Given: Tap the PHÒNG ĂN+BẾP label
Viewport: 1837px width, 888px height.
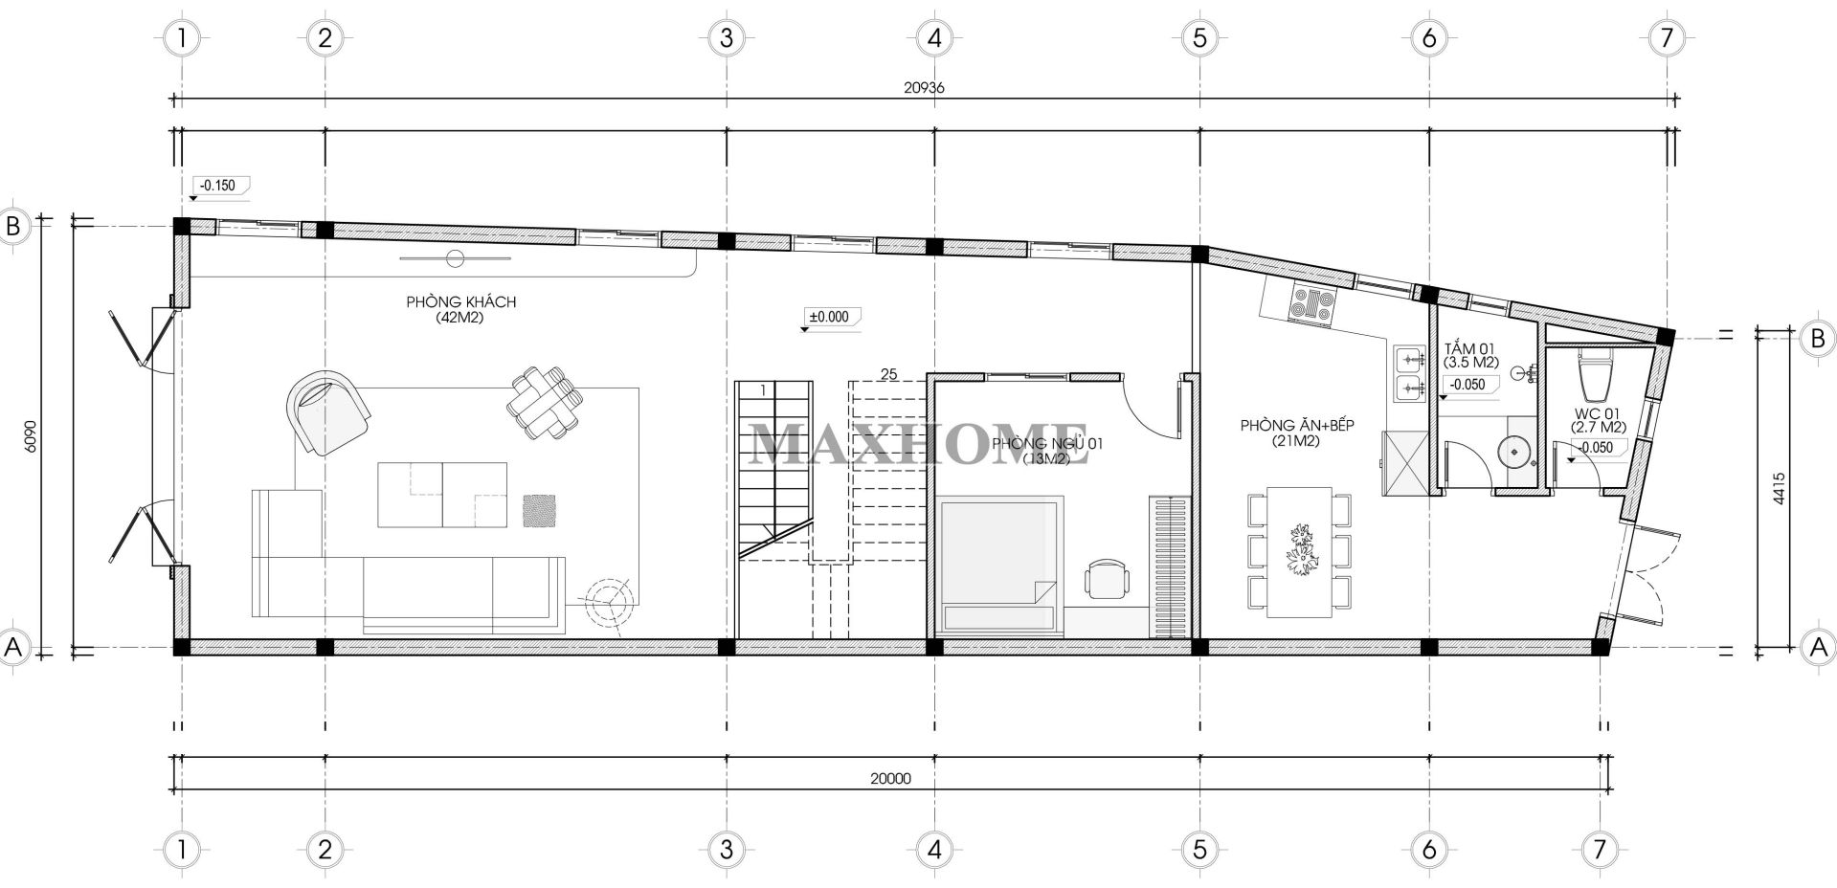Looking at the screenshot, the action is point(1297,426).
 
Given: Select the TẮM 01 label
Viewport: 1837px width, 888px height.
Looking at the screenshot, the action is point(1463,349).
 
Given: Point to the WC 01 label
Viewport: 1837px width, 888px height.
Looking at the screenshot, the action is point(1596,414).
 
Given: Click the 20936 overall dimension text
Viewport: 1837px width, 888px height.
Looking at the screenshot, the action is point(924,87).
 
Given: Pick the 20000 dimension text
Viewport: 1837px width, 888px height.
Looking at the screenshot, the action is point(890,779).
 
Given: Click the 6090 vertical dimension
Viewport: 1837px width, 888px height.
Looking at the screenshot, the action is point(31,435).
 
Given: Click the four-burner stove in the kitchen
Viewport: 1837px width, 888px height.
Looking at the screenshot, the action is point(1312,303).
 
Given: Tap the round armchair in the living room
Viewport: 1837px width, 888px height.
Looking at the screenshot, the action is point(327,413).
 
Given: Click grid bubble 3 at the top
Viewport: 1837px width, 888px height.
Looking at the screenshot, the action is point(727,38).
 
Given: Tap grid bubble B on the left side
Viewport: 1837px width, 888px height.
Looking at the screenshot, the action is point(13,227).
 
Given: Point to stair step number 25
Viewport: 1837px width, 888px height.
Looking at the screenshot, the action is point(888,374).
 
